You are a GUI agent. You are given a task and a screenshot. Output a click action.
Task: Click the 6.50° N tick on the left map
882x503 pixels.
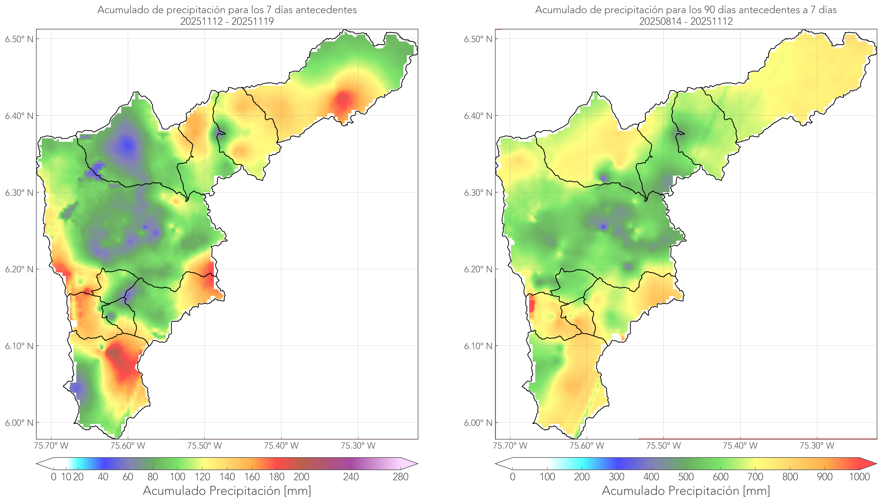[x=19, y=39]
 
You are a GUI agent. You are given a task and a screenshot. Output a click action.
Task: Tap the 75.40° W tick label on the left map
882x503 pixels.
[x=281, y=446]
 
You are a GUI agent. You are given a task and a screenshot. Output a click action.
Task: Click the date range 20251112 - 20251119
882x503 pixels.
[x=227, y=21]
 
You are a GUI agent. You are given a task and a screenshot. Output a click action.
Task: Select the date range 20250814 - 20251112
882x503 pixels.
[x=686, y=21]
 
